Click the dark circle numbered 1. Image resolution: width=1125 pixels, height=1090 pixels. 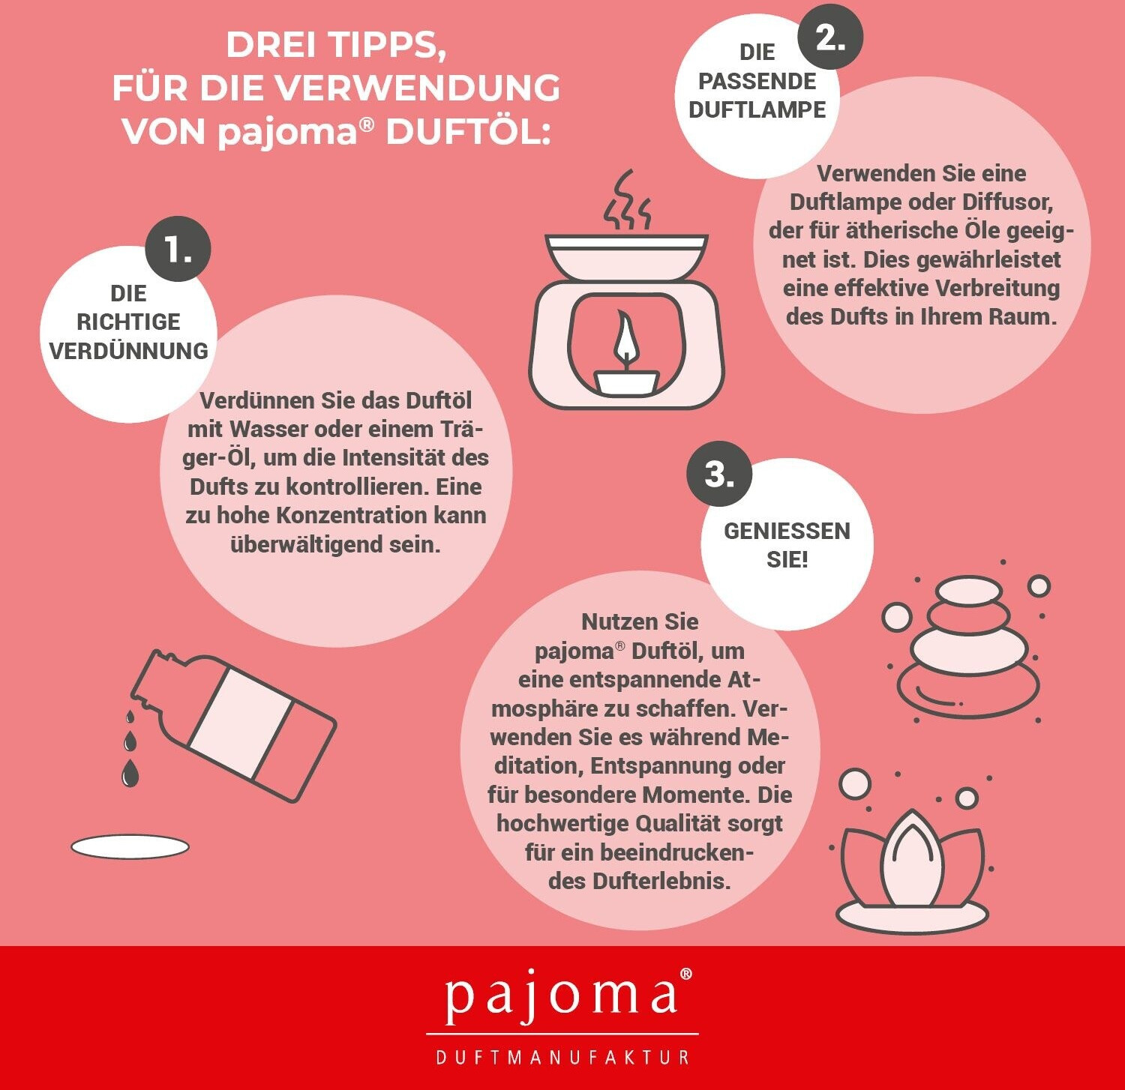click(178, 249)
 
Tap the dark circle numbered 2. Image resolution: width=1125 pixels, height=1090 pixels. click(830, 36)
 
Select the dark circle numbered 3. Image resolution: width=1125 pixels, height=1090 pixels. click(720, 474)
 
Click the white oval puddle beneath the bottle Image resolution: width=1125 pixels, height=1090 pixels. click(130, 847)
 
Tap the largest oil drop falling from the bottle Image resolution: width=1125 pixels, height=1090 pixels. click(130, 773)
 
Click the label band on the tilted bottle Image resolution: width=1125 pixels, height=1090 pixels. click(240, 723)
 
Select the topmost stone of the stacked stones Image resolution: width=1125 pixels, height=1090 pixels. click(968, 591)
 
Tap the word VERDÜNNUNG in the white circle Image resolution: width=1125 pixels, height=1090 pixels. click(128, 351)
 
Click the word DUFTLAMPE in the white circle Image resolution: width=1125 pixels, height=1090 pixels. click(757, 109)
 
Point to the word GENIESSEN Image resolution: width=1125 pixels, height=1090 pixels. click(787, 531)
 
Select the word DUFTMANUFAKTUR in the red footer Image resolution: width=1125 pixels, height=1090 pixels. click(562, 1057)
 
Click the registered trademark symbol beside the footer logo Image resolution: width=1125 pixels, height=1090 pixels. click(685, 975)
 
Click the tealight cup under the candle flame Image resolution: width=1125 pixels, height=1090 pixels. click(627, 382)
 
